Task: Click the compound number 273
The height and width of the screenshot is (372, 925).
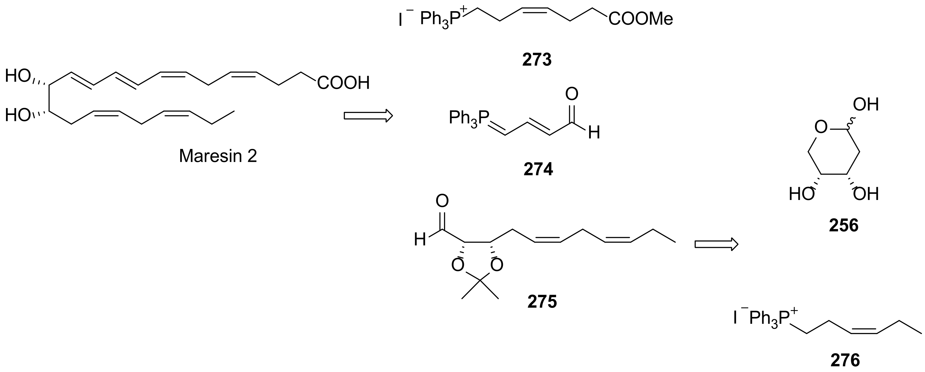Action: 537,60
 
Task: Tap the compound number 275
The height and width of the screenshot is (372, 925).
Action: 542,302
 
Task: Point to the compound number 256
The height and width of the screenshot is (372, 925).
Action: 843,226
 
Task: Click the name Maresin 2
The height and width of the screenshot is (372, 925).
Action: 218,156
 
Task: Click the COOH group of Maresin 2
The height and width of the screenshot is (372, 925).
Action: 343,83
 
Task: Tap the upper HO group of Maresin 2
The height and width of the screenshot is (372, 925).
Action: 17,76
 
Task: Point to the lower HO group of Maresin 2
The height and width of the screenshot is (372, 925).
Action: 17,116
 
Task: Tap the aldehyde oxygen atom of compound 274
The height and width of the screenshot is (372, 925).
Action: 572,94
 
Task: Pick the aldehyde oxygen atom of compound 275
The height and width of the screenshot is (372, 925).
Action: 442,201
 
